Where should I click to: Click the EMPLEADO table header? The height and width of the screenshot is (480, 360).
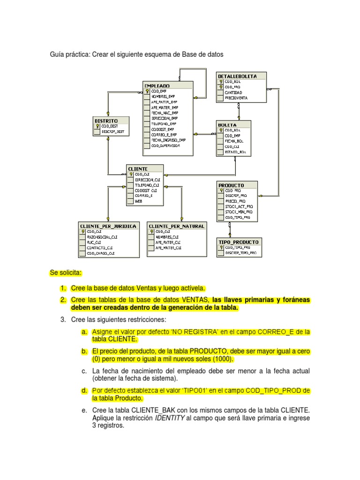coord(157,85)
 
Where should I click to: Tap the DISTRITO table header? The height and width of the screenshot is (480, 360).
coord(106,120)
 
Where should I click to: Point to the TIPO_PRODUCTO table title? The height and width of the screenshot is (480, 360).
coord(239,242)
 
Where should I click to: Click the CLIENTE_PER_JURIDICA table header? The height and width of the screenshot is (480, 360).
coord(108,226)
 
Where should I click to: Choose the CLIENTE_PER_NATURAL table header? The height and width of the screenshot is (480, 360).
coord(177,226)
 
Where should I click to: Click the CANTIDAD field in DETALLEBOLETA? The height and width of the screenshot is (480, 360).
coord(233,92)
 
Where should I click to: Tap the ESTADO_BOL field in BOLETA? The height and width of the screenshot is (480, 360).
coord(235,152)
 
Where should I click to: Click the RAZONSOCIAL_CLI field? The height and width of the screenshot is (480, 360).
coord(102,237)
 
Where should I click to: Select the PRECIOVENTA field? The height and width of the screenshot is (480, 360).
coord(236,98)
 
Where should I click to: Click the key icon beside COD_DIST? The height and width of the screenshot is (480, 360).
coord(97,127)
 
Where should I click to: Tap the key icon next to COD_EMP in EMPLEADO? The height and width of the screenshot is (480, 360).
coord(147,91)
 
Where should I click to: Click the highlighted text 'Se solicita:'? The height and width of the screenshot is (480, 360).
coord(66,272)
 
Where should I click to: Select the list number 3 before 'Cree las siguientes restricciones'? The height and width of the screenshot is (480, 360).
coord(63,320)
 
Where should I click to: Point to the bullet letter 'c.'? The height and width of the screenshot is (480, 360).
coord(84,371)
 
